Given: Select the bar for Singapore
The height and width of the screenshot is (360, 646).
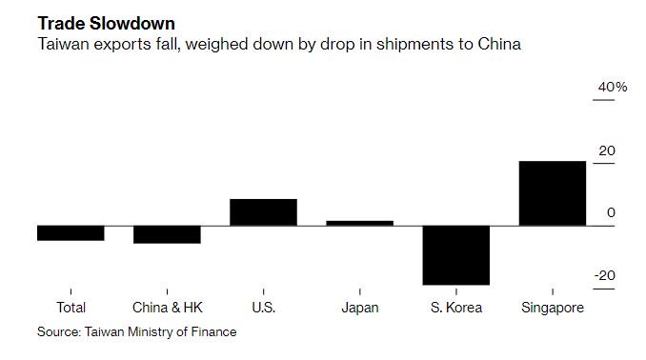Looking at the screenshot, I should point(552,193).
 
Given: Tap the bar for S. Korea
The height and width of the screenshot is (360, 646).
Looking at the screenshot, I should point(455,254).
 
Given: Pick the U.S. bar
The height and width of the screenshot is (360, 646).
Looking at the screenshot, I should point(263,212).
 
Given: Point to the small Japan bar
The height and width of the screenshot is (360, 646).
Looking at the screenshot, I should point(359,223).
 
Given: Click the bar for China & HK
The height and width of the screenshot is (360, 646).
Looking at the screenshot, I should point(167,234).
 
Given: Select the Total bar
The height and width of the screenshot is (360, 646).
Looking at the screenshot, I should point(71,232).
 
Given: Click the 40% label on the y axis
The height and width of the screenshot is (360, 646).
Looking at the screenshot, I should point(612,88).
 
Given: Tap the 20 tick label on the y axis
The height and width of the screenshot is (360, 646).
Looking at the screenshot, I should point(606,150).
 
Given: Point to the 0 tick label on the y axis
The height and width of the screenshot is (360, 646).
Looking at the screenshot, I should point(611,213).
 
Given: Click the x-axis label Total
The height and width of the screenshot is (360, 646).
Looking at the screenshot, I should point(71,308).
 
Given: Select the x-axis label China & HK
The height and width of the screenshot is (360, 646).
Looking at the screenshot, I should point(167,308).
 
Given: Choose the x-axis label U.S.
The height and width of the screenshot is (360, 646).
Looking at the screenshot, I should point(263,308).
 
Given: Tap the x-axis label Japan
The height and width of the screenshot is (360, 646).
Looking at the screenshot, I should point(359,308).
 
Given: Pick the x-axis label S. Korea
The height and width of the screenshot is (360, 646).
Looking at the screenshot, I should point(455,308).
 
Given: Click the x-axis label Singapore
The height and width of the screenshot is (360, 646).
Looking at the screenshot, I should point(553,308).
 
